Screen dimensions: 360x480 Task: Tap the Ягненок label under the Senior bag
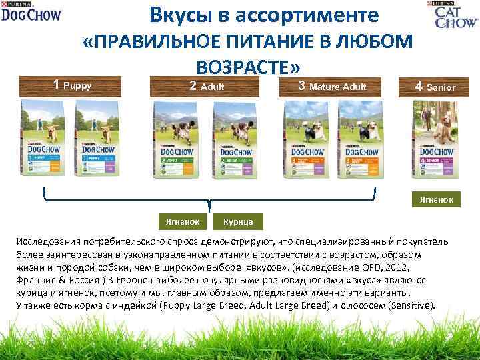tap(437, 199)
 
